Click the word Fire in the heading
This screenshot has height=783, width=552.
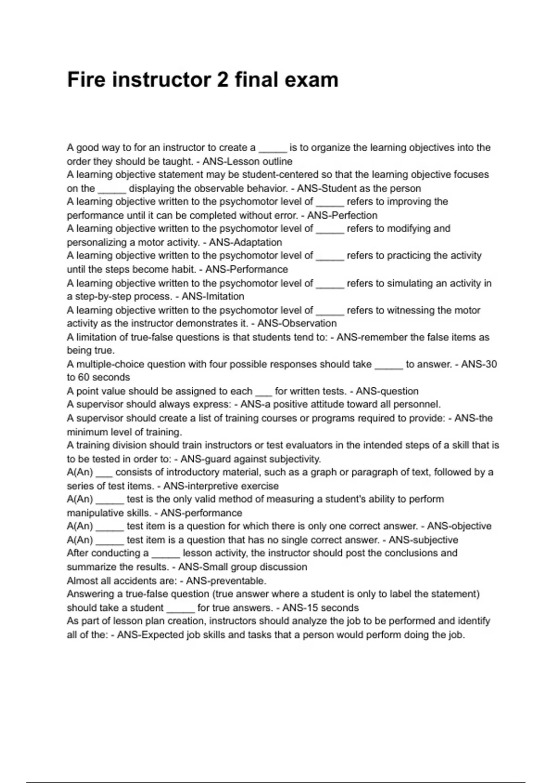click(x=86, y=80)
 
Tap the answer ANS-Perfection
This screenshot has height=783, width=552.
click(x=342, y=215)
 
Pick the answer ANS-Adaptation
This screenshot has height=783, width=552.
click(x=246, y=242)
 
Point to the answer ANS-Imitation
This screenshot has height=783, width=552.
click(x=213, y=296)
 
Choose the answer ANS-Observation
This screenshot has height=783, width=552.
click(x=297, y=323)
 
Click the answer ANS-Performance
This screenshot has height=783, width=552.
click(x=247, y=269)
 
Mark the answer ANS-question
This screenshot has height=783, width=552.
click(x=387, y=391)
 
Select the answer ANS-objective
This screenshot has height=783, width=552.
click(x=459, y=526)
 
